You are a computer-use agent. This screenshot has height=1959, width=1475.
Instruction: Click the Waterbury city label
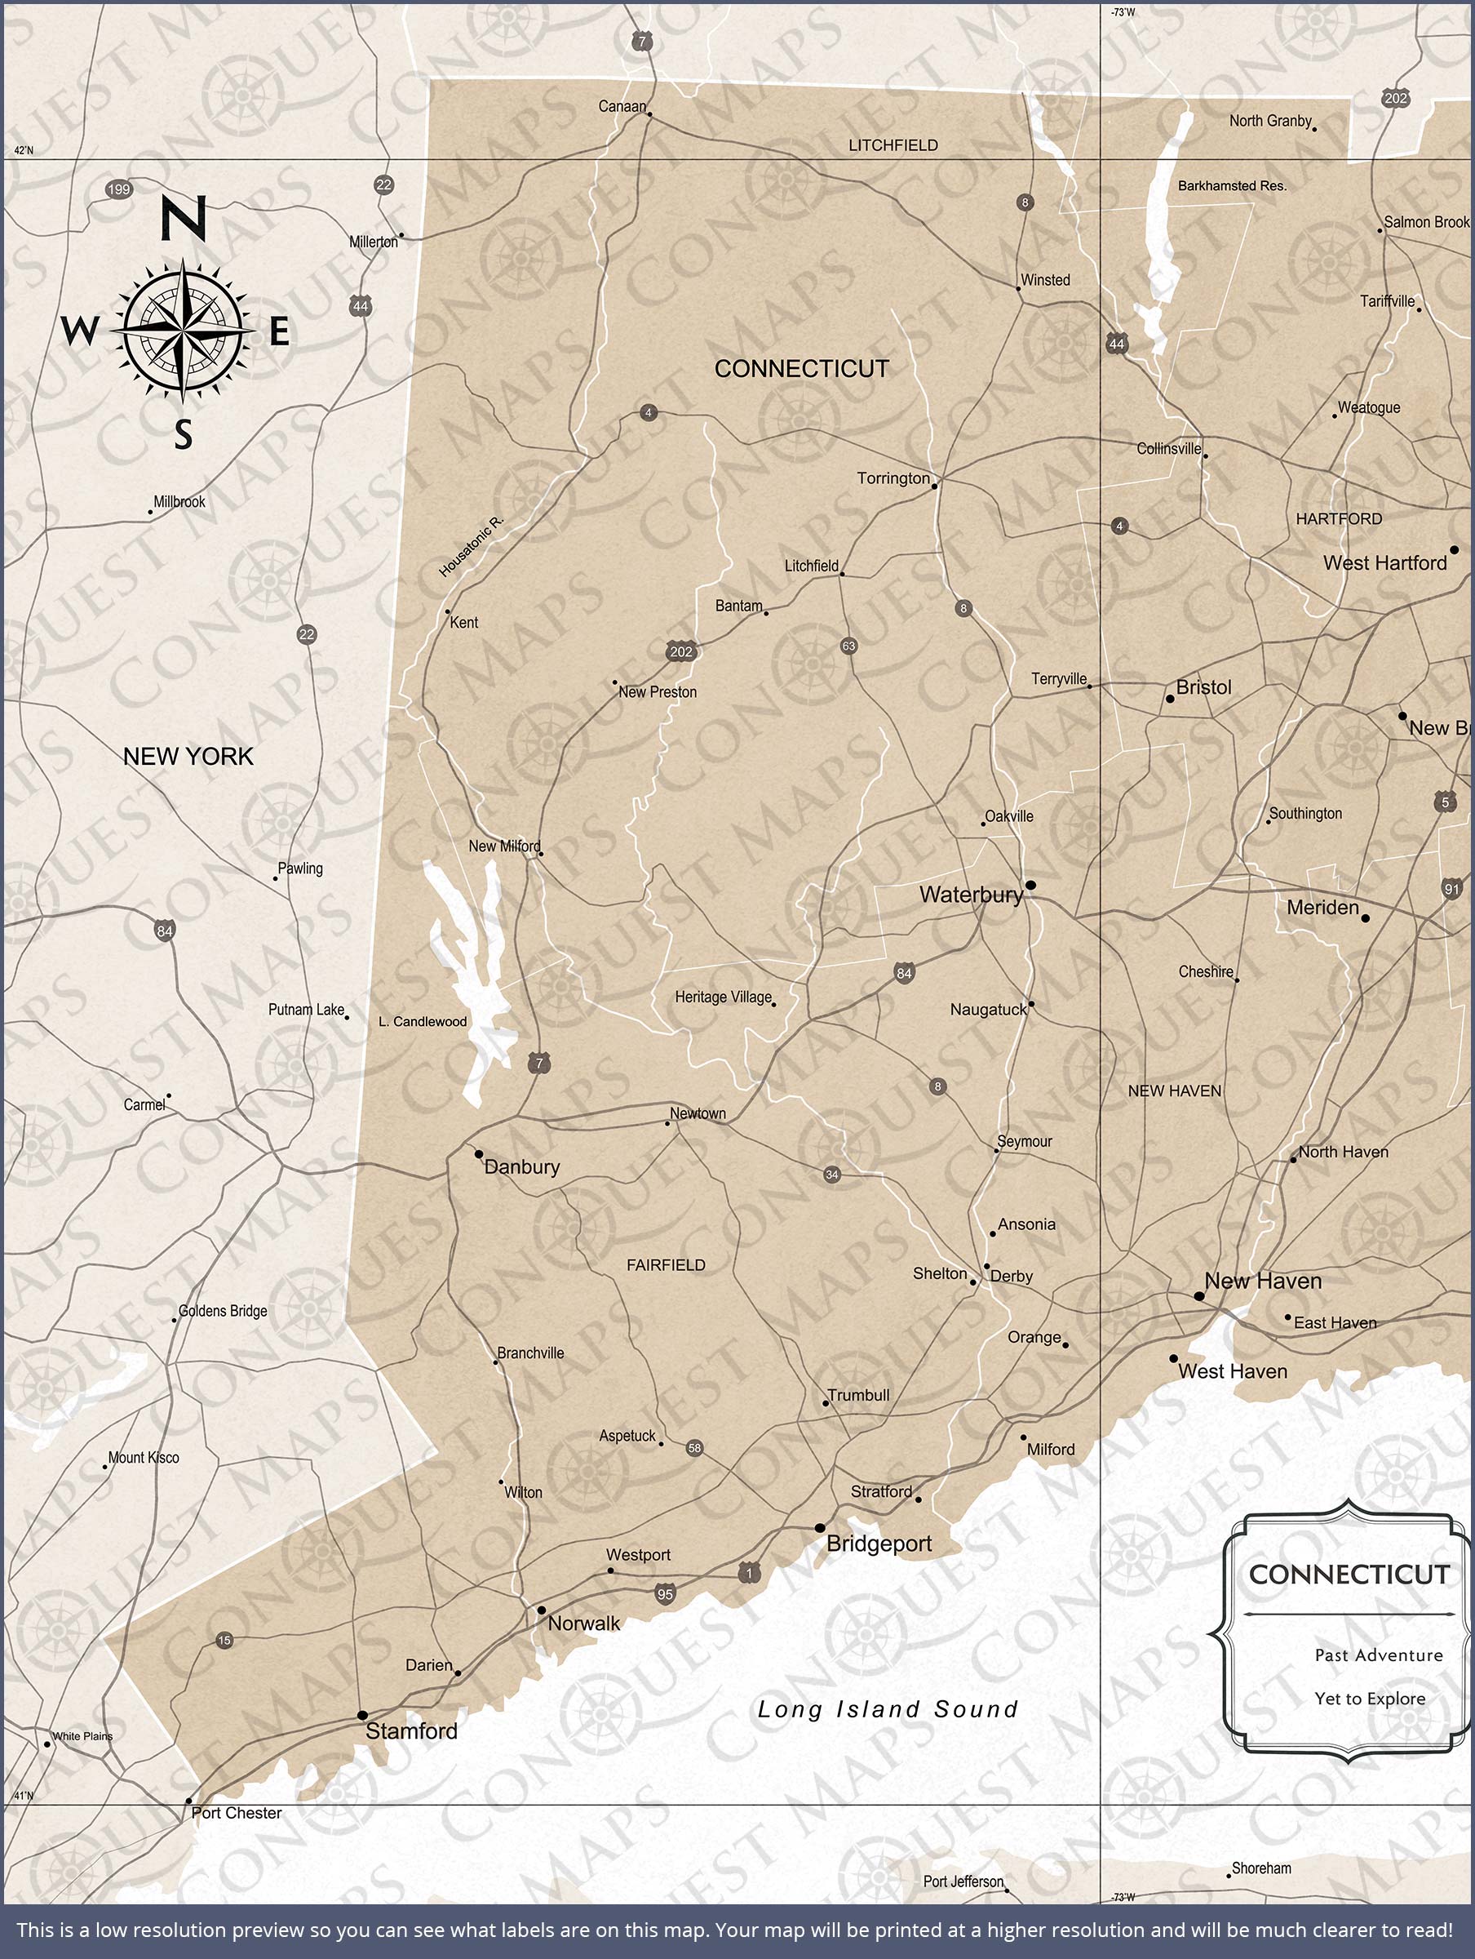970,895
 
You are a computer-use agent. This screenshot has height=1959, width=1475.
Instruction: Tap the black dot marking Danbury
479,1154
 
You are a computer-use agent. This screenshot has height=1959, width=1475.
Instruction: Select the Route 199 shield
118,189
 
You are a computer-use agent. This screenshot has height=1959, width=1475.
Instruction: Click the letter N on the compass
184,219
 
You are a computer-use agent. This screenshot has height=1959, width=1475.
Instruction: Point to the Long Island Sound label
887,1709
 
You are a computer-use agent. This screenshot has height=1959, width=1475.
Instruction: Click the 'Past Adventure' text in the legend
1378,1655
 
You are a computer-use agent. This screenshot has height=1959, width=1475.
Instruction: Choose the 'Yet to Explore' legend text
1370,1699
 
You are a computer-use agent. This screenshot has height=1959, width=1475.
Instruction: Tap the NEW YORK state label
188,757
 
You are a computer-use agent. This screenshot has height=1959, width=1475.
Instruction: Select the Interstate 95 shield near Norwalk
665,1594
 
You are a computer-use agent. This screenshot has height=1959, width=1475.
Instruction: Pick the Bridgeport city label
879,1544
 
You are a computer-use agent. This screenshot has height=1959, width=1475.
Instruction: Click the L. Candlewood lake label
423,1021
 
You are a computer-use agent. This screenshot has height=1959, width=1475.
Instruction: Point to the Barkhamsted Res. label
1232,186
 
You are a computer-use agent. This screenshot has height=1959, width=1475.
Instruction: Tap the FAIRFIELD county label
666,1264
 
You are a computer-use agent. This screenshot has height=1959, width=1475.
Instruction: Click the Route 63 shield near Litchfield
848,646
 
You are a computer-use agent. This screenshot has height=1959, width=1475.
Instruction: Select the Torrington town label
893,478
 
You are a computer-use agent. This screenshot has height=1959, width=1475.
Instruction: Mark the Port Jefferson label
963,1881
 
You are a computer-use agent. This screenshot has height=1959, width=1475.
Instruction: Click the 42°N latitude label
23,150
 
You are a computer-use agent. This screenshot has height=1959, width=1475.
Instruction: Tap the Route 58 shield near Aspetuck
694,1448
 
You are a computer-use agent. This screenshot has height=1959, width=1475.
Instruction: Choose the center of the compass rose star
183,331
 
